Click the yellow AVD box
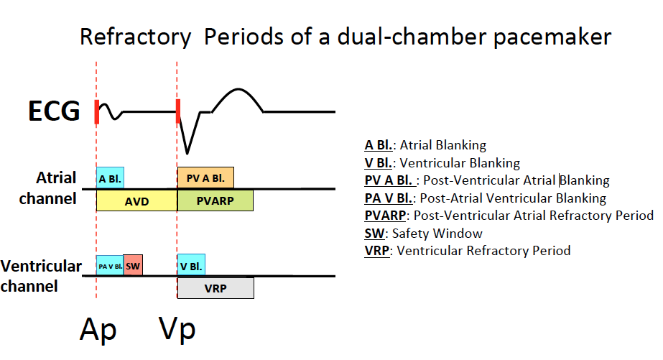[136, 200]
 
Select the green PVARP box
[215, 200]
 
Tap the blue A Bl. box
[110, 177]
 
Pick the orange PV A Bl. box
[205, 177]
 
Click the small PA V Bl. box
[110, 265]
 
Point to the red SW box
[133, 265]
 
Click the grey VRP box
[215, 288]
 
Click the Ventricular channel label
[42, 275]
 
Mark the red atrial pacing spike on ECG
[96, 111]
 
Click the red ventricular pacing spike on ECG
[177, 111]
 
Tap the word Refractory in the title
[135, 37]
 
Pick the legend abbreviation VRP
[377, 251]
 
